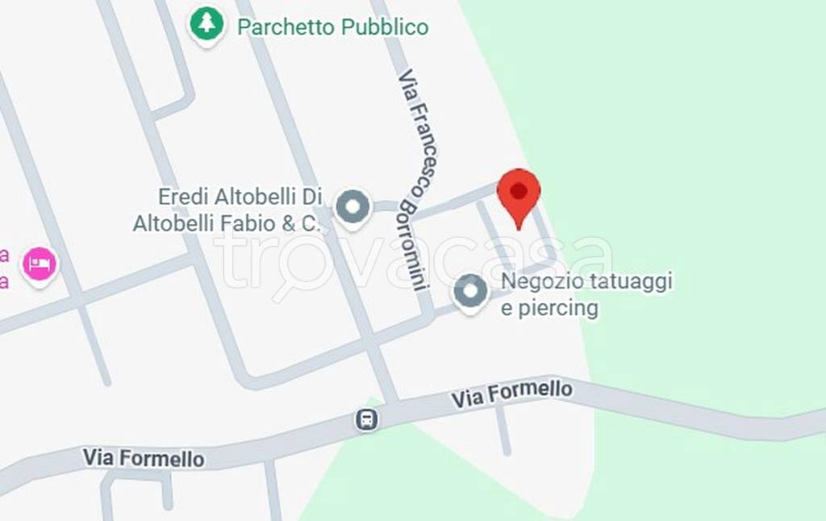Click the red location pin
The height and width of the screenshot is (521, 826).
click(x=519, y=194)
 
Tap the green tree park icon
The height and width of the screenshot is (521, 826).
click(x=206, y=23)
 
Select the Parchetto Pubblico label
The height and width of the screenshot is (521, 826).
click(x=332, y=27)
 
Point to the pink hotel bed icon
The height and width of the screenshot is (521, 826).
click(x=39, y=263)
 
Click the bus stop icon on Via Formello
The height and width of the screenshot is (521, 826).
click(x=367, y=419)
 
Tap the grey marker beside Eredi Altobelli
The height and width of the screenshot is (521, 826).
click(x=352, y=207)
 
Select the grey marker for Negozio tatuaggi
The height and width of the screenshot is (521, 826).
click(x=470, y=292)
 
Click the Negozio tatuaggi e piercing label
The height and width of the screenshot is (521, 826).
click(x=586, y=294)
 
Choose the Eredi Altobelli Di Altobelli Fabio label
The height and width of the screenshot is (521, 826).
click(x=228, y=210)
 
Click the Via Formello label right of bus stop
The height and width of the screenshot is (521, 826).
click(x=511, y=394)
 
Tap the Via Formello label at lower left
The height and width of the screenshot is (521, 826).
click(x=143, y=458)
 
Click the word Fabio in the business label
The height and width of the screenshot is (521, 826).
click(x=252, y=223)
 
